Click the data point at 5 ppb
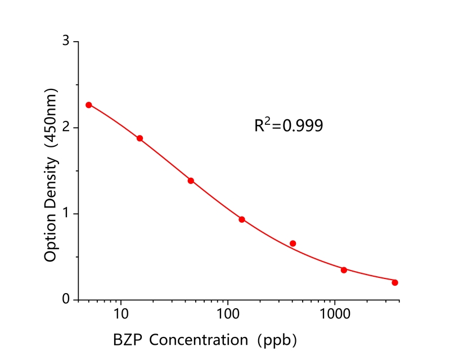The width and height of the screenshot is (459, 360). pos(89,105)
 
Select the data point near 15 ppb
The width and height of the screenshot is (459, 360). pos(140,138)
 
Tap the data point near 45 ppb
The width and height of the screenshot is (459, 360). pos(191,181)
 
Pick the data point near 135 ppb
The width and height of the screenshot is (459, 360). pos(242,219)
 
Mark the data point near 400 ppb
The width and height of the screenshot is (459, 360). pos(293,244)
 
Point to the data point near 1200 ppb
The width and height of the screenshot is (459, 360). pos(344,270)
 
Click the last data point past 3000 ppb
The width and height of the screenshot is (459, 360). pos(395,282)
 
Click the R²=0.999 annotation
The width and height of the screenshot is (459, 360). pos(289,125)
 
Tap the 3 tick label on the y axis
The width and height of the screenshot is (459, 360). pos(66,42)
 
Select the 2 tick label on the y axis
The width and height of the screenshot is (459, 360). pos(66,128)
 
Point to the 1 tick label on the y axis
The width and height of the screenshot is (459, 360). pos(66,214)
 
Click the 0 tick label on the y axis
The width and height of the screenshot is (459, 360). pos(66,300)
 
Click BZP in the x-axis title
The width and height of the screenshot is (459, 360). pos(127,340)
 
